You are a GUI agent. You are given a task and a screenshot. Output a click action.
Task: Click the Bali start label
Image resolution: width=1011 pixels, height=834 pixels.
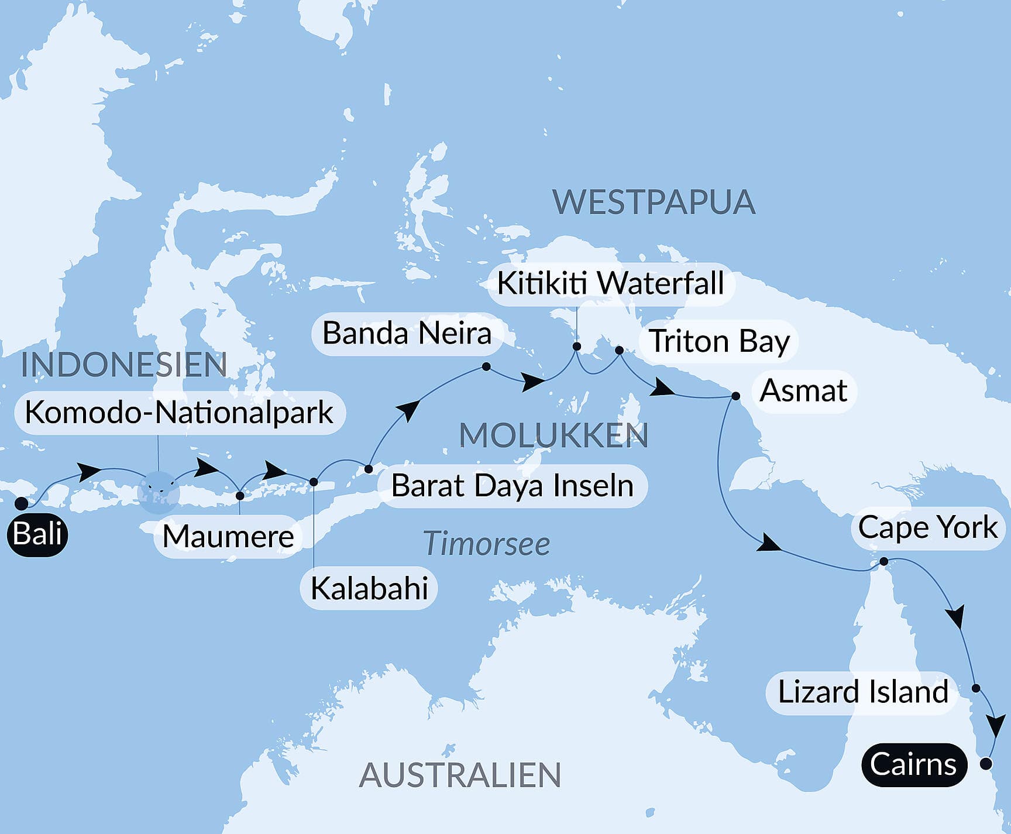(37, 534)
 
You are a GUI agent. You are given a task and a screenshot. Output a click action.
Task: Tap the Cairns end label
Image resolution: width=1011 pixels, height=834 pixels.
(913, 764)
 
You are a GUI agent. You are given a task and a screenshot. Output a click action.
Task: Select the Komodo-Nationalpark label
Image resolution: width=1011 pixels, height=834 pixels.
(179, 413)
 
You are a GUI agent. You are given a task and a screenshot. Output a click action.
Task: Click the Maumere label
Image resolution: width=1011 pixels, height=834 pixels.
(228, 536)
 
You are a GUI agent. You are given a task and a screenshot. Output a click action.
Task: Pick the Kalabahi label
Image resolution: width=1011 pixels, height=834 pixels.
(369, 588)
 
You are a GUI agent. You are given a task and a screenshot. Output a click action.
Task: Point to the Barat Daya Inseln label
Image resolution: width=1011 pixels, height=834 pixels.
(512, 486)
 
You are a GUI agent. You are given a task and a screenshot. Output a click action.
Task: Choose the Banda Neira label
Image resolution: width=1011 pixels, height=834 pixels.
(407, 334)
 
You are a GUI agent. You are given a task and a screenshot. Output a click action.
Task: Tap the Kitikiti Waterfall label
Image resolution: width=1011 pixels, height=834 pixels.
(610, 283)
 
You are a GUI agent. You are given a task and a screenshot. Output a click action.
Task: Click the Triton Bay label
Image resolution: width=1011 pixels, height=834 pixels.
(719, 341)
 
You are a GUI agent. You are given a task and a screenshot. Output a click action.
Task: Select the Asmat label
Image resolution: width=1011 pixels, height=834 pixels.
(803, 391)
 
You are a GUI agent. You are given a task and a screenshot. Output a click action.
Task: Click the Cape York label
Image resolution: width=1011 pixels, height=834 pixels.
(927, 527)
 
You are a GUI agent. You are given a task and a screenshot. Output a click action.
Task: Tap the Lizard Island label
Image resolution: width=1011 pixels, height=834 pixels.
(863, 692)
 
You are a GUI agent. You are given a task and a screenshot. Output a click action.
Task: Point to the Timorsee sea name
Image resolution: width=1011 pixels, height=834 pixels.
(486, 544)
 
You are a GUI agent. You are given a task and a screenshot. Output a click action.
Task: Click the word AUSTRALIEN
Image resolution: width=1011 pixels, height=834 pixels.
(460, 775)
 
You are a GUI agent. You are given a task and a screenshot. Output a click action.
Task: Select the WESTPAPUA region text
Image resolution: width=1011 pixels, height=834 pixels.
(654, 202)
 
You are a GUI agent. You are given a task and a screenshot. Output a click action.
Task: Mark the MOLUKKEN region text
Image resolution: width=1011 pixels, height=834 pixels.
(553, 435)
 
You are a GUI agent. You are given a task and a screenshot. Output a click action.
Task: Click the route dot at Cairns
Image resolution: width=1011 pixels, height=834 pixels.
(986, 763)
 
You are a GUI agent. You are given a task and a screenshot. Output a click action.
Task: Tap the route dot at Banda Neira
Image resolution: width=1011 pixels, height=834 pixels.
(486, 366)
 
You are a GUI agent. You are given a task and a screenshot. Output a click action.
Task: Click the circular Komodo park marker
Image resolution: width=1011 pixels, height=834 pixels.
(158, 492)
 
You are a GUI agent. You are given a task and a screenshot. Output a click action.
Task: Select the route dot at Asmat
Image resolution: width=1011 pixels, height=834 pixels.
(735, 396)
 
